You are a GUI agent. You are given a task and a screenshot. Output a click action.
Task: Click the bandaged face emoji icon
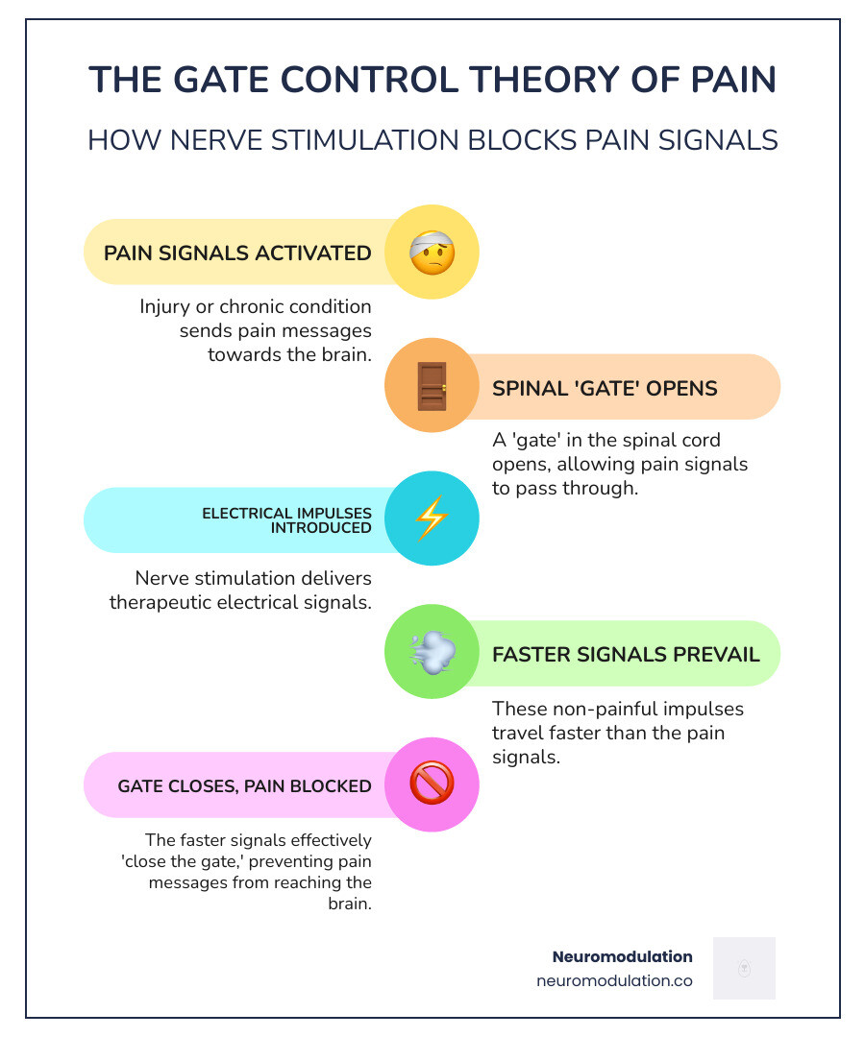click(432, 253)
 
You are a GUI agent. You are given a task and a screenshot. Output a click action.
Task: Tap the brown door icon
click(432, 386)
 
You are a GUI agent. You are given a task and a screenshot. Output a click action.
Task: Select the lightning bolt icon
click(432, 518)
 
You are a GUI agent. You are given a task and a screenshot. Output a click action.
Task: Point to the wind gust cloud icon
click(432, 652)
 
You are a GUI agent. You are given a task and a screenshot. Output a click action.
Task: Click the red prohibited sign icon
click(432, 784)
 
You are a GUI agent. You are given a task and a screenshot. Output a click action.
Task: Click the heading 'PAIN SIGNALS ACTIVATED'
click(237, 253)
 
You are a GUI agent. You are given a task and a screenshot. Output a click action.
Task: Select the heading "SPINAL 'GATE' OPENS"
click(605, 388)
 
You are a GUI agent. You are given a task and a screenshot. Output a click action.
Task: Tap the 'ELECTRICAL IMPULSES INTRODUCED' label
click(286, 520)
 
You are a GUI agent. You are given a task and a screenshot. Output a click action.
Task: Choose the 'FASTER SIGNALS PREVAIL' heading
click(626, 655)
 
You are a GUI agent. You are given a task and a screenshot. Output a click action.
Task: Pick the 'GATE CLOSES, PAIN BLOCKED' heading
click(245, 786)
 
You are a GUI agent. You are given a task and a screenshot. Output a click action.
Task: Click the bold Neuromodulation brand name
click(622, 956)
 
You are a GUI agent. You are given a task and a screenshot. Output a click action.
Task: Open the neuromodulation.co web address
click(614, 981)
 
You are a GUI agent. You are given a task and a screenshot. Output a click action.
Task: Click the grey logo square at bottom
click(744, 968)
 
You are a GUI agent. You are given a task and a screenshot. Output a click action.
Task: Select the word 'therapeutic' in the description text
click(167, 602)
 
